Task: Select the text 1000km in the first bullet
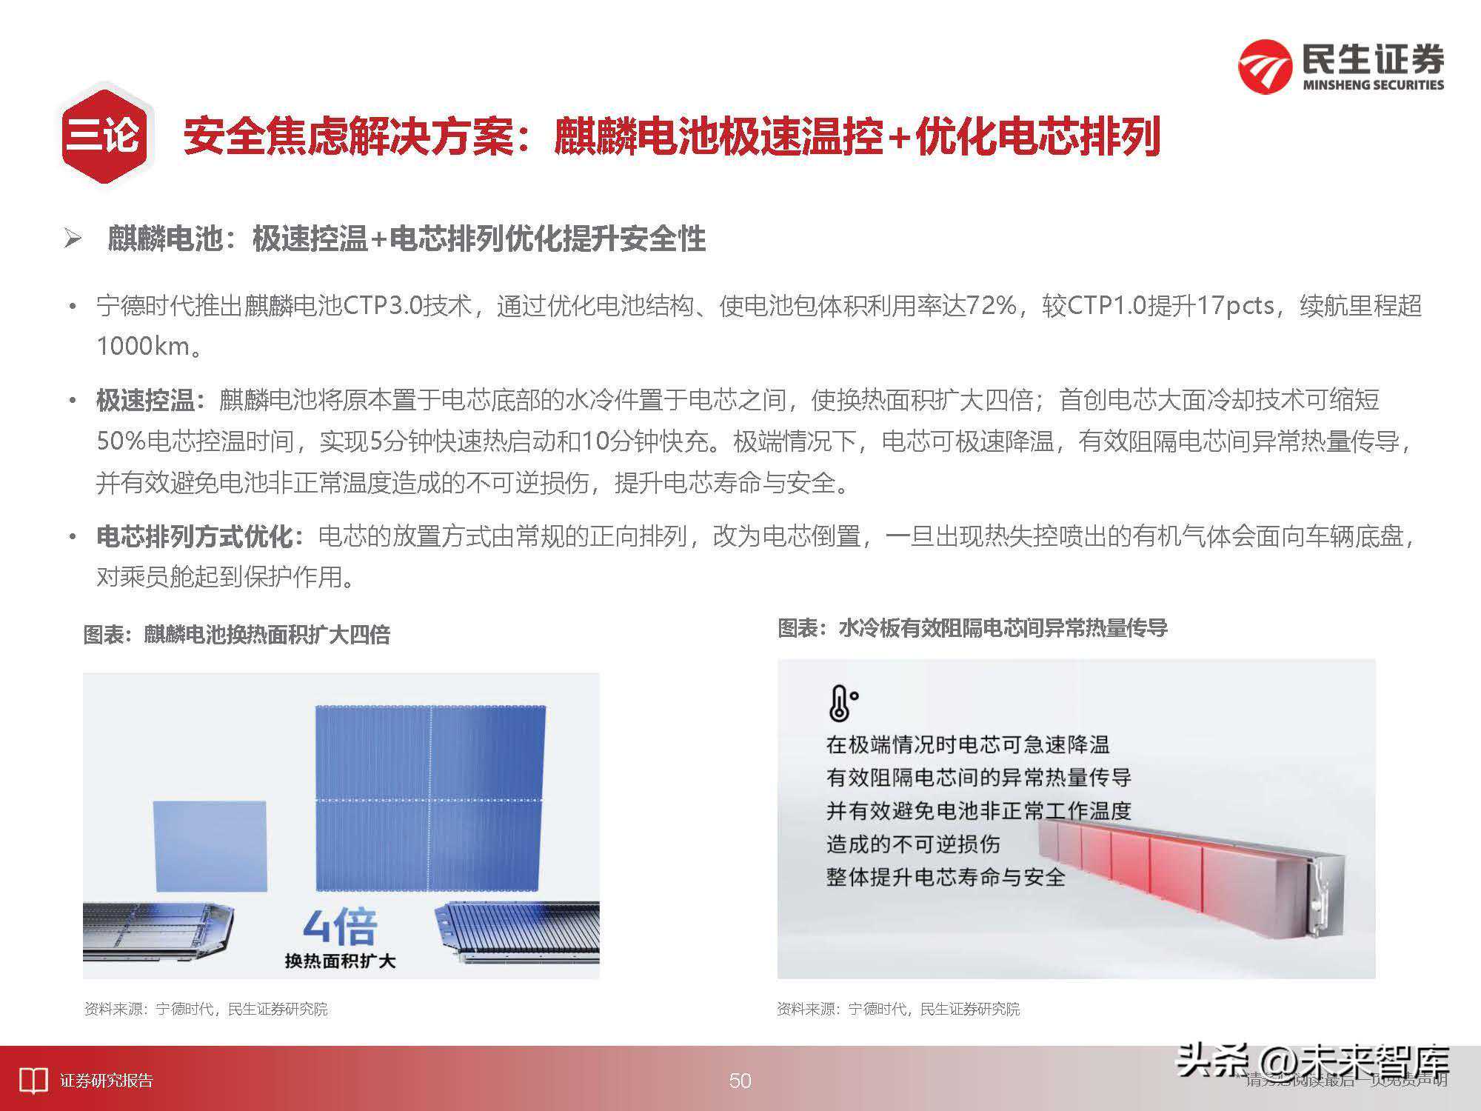(144, 346)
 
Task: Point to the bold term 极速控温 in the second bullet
(145, 401)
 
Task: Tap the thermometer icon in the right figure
(841, 704)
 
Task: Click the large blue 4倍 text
(340, 927)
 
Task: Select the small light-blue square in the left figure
(210, 846)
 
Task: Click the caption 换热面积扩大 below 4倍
(340, 961)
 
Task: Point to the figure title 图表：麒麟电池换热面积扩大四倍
(236, 635)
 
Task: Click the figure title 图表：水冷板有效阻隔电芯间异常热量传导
(972, 629)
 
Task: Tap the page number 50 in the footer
(740, 1081)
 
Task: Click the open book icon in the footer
(33, 1081)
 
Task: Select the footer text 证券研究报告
(107, 1081)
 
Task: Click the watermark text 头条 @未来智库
(1312, 1061)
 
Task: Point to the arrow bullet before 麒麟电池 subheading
(73, 238)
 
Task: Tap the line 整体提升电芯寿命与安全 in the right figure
(946, 878)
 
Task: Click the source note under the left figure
(205, 1009)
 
